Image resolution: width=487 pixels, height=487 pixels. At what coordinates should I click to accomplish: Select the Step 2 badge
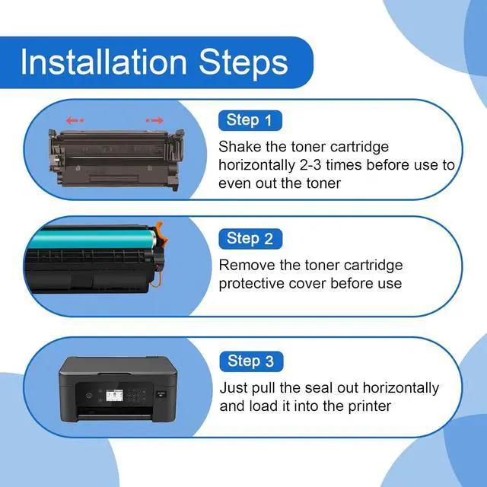point(250,239)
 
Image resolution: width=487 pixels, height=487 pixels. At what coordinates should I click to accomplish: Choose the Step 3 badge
point(250,361)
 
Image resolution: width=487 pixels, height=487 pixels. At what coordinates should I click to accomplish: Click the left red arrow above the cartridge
point(74,120)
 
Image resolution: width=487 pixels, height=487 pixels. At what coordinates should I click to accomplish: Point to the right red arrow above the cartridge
point(154,120)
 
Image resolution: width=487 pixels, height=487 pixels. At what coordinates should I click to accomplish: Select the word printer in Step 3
point(366,406)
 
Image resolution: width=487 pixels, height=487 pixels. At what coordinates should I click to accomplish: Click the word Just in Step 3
point(234,388)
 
